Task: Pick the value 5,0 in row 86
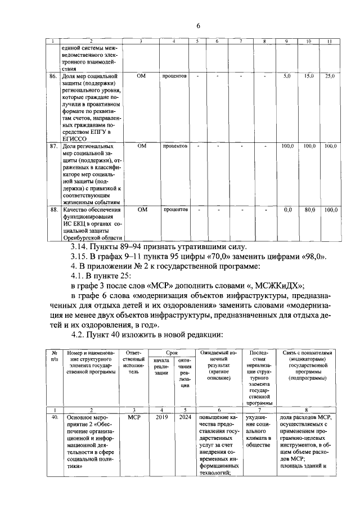tap(287, 75)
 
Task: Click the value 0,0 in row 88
tap(287, 209)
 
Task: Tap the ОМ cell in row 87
tap(141, 146)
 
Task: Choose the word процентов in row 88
tap(175, 209)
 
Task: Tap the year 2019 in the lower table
tap(161, 418)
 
